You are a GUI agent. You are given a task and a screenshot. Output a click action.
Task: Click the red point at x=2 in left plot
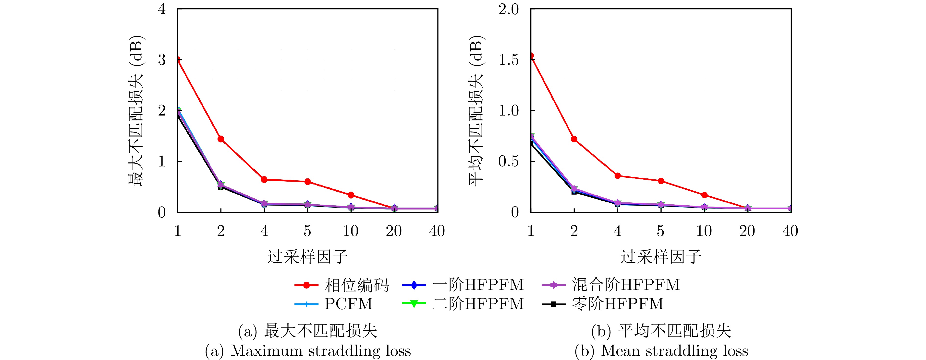click(x=221, y=139)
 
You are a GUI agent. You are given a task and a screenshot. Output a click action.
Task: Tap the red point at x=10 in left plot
click(x=351, y=195)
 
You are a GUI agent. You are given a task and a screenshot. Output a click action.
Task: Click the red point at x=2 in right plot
click(x=574, y=139)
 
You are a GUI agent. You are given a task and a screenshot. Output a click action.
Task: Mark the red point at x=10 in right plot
click(x=704, y=195)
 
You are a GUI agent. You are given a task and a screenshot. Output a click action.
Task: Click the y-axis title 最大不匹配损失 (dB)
click(x=136, y=111)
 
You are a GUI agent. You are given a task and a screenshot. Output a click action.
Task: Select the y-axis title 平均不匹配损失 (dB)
click(x=477, y=111)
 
